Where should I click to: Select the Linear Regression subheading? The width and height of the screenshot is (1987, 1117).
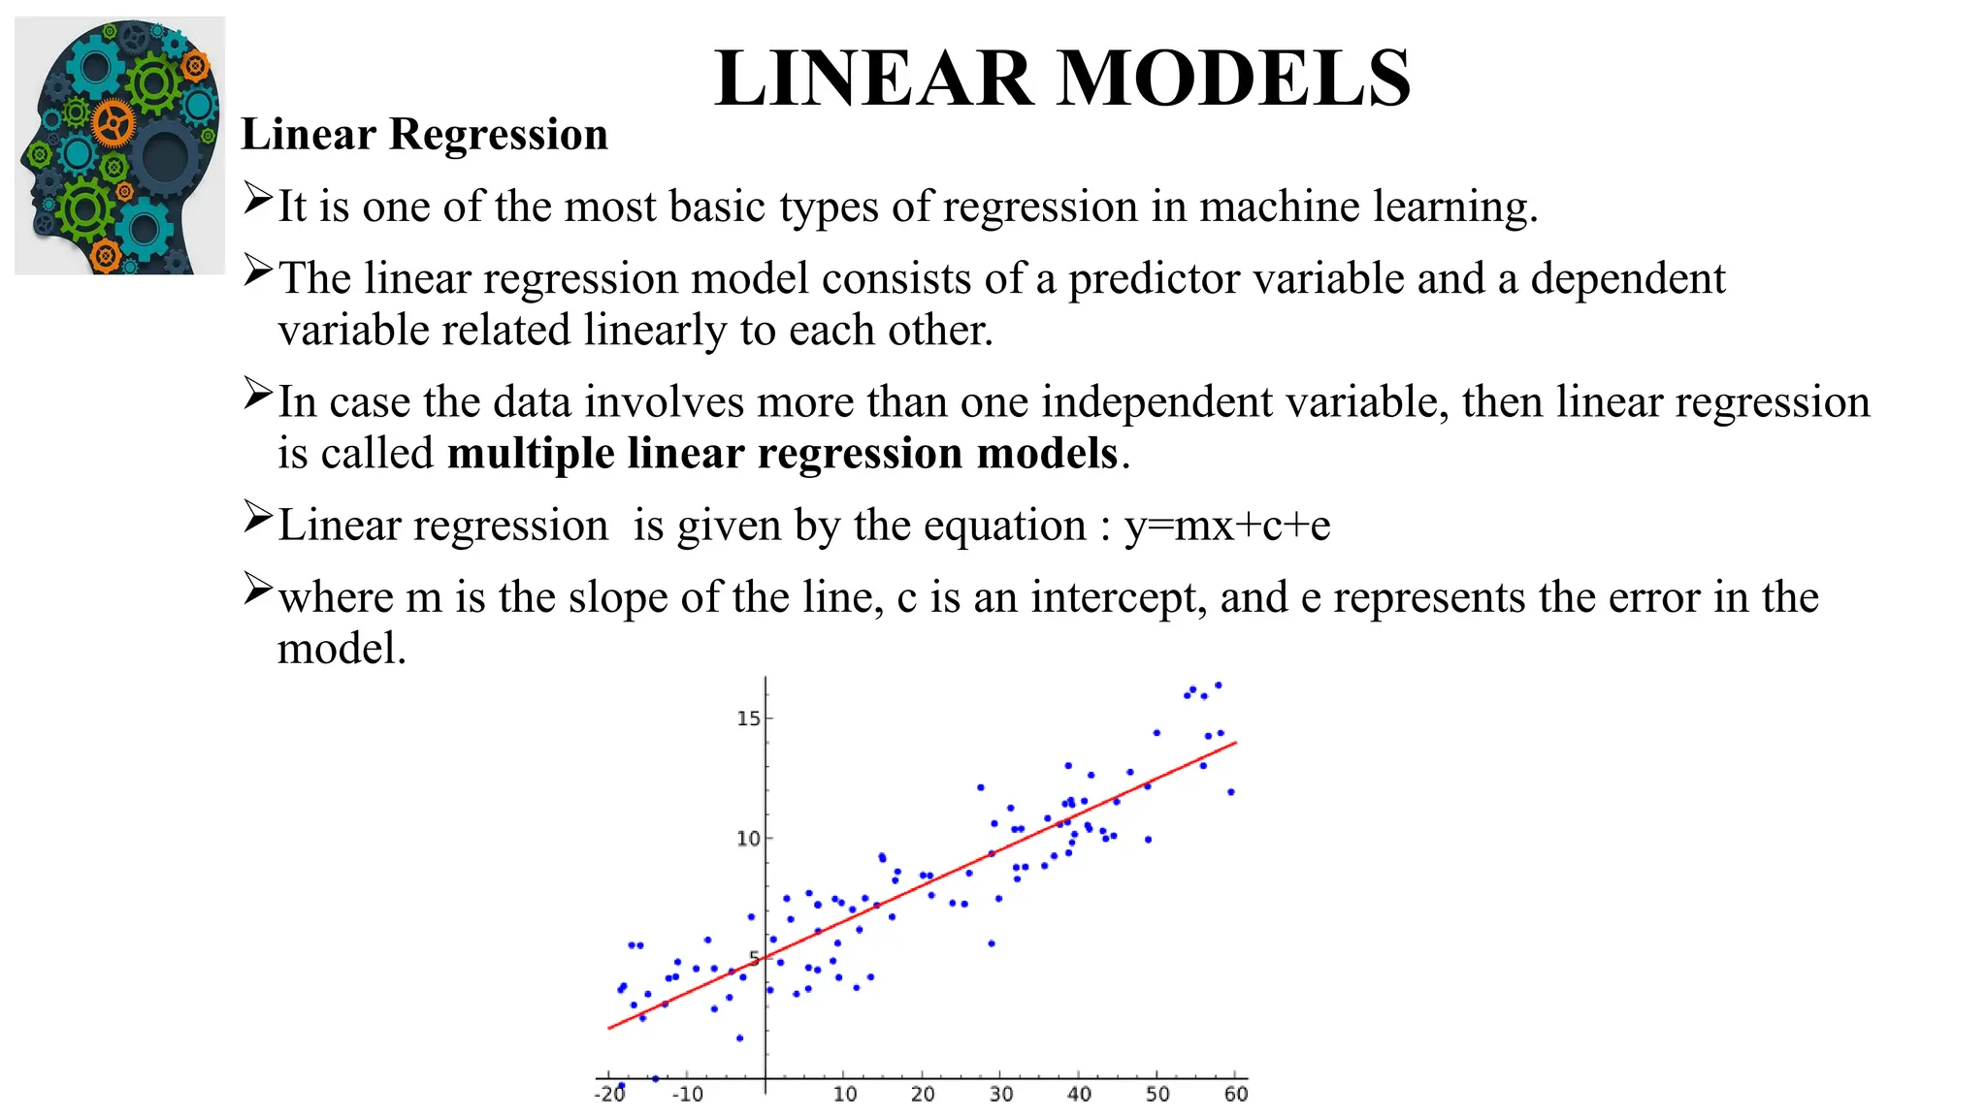(x=424, y=134)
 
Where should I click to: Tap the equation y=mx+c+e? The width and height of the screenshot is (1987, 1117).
(x=1227, y=526)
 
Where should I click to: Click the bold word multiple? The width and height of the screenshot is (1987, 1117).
(x=531, y=454)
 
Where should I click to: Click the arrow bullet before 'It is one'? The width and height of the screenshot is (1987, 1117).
(x=257, y=198)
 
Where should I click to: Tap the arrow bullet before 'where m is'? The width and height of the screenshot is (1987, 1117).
(x=257, y=588)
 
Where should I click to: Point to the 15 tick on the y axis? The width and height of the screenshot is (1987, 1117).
(x=748, y=718)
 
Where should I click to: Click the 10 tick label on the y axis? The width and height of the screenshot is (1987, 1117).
(x=748, y=839)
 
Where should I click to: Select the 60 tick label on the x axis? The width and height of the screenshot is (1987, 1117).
(x=1235, y=1095)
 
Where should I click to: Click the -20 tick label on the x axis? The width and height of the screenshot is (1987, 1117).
(x=609, y=1095)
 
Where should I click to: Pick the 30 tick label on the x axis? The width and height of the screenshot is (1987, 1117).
(x=1000, y=1095)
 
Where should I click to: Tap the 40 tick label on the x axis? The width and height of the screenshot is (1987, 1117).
(x=1079, y=1095)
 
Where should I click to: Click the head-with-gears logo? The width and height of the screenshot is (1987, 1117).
(x=119, y=145)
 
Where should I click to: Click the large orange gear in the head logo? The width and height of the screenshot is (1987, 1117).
(x=114, y=123)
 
